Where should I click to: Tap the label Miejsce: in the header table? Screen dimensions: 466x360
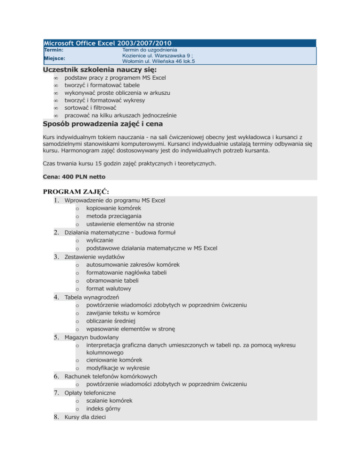pos(55,58)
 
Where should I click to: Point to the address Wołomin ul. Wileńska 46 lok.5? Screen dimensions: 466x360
pos(158,61)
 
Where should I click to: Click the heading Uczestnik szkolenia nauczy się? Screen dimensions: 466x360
pos(87,69)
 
